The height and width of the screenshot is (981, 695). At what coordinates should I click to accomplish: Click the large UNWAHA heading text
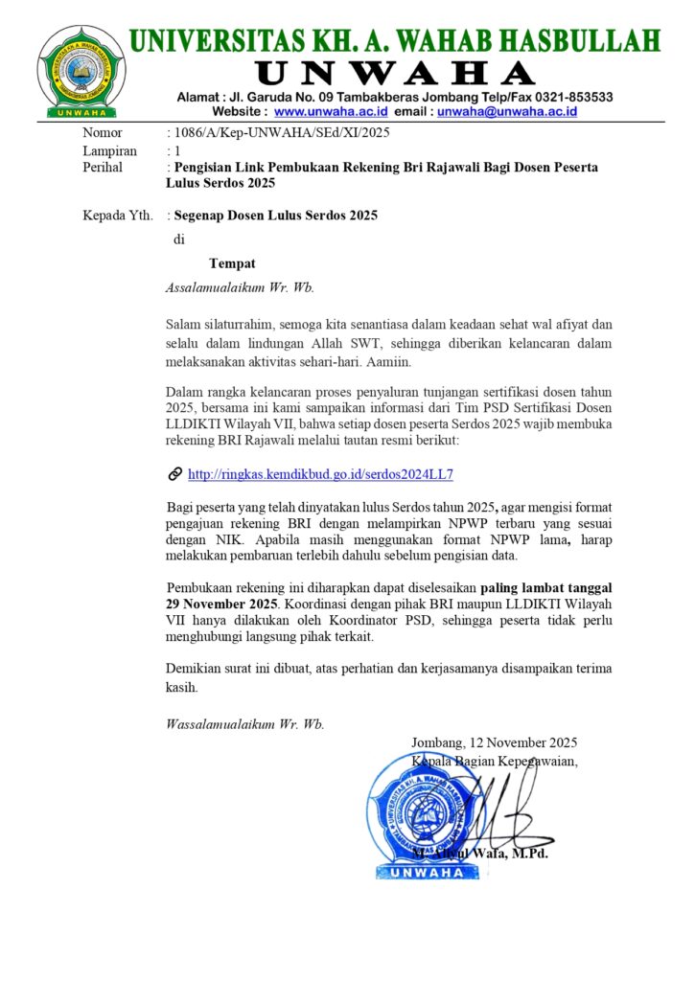click(x=395, y=73)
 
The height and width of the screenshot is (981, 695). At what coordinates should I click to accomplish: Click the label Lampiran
click(x=109, y=150)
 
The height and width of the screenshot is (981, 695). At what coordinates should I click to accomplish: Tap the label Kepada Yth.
click(x=118, y=216)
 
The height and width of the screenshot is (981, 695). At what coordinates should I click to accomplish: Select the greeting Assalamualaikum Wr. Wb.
click(x=240, y=286)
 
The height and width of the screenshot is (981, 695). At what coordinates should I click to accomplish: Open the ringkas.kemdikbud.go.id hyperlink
click(x=320, y=474)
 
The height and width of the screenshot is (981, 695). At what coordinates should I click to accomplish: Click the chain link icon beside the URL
click(x=174, y=474)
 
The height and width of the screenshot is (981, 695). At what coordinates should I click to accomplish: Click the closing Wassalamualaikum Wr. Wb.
click(x=244, y=724)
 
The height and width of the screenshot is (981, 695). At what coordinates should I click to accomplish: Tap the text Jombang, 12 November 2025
click(x=494, y=742)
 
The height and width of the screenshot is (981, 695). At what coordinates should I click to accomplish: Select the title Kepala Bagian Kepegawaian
click(x=494, y=762)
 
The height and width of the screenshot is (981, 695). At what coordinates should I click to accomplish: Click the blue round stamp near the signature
click(x=423, y=814)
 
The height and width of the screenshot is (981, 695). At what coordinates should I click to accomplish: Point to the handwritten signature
click(x=498, y=805)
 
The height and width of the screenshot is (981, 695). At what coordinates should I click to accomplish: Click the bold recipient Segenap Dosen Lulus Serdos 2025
click(x=275, y=216)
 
